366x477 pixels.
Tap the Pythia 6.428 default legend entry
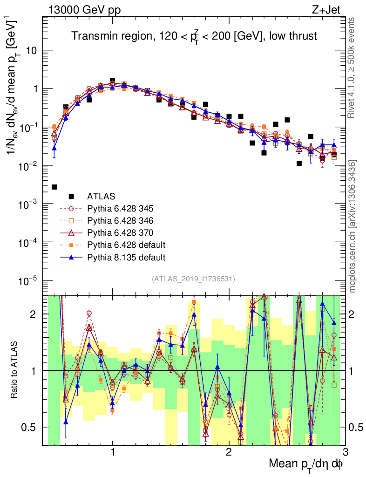(x=126, y=245)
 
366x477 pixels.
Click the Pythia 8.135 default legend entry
(x=126, y=257)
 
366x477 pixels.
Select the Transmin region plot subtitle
(x=194, y=36)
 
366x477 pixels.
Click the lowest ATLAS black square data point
(x=54, y=187)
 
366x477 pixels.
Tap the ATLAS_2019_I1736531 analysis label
(x=193, y=279)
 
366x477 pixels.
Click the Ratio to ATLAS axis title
(x=14, y=371)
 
